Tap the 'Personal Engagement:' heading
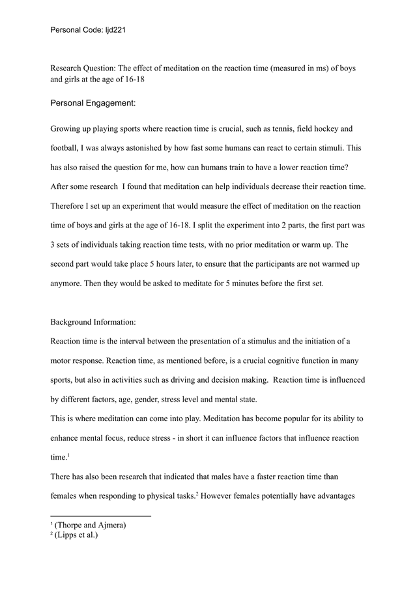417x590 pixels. (x=93, y=102)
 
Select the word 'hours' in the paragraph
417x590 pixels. (x=182, y=265)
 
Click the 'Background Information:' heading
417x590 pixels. (x=92, y=322)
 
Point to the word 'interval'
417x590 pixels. (x=139, y=341)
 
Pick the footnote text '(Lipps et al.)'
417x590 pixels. (x=77, y=535)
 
